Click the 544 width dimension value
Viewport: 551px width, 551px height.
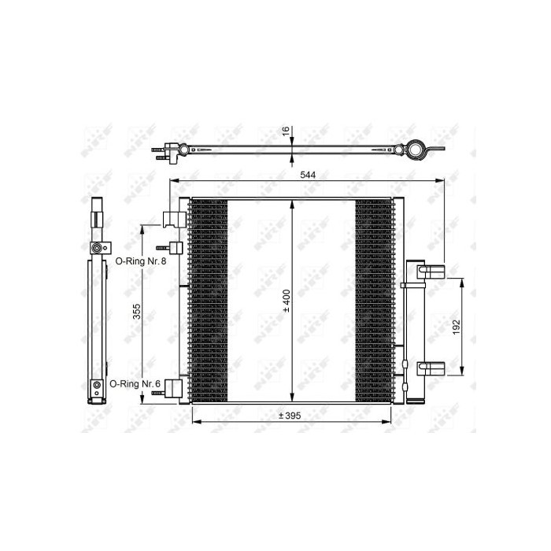pos(308,175)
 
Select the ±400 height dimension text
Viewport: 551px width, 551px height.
pos(287,301)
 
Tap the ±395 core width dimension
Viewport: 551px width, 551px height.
pos(290,416)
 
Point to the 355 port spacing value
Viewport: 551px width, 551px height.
pos(136,312)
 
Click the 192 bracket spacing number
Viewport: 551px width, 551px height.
pos(456,327)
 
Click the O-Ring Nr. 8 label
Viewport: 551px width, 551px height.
pos(141,261)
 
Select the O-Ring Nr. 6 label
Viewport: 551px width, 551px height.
pos(135,384)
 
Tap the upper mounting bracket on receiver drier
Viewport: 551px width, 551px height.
pos(431,272)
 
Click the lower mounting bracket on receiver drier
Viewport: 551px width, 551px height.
pos(431,368)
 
